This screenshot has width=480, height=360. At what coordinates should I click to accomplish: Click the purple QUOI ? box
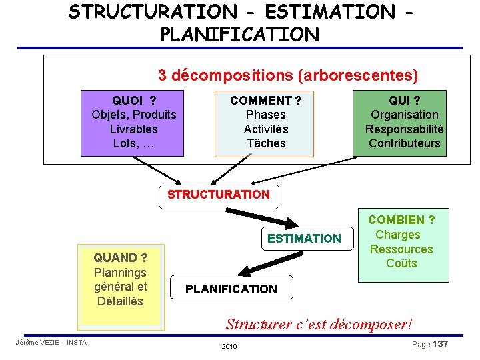(x=133, y=122)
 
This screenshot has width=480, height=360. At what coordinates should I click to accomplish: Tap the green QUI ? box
(x=404, y=122)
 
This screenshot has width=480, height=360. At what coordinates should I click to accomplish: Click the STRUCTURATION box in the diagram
(x=219, y=195)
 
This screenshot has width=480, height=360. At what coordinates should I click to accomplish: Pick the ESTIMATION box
(x=304, y=239)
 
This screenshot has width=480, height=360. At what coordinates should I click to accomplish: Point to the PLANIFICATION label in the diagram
(x=231, y=289)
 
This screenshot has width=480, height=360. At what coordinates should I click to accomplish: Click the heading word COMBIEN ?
(x=401, y=220)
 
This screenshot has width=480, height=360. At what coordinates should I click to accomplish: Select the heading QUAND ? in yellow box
(x=120, y=258)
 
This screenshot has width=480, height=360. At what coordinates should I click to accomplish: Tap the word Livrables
(x=133, y=129)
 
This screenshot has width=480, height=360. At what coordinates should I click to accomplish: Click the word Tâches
(x=265, y=143)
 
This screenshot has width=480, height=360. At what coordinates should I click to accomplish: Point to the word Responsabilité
(x=404, y=129)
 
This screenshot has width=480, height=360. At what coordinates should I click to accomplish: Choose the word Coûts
(x=401, y=263)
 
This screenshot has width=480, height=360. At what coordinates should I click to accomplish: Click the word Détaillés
(x=120, y=301)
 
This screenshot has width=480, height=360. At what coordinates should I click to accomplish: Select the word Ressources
(x=401, y=249)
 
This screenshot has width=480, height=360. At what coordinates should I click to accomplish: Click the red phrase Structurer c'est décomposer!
(x=319, y=325)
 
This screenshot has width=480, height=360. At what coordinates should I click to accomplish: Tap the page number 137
(x=440, y=344)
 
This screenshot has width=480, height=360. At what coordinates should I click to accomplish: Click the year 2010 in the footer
(x=229, y=347)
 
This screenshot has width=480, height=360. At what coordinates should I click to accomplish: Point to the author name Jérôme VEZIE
(x=36, y=343)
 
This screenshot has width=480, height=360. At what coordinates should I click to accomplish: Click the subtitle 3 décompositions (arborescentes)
(x=287, y=75)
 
